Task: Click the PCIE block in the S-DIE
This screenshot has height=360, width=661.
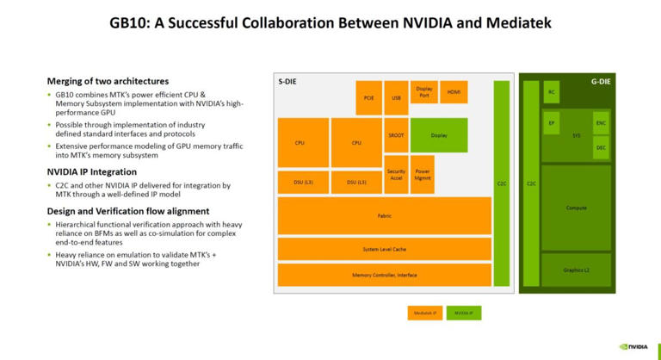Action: (368, 97)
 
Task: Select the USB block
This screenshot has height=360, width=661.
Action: (396, 97)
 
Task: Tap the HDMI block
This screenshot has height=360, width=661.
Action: (453, 91)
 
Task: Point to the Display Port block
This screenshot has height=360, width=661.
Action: (423, 91)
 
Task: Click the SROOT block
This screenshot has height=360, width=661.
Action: (396, 135)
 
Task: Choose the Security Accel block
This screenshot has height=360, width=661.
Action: (396, 174)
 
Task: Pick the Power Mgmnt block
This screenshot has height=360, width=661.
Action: (423, 174)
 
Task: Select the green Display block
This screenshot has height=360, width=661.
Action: (439, 135)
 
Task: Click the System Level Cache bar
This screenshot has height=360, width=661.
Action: (384, 249)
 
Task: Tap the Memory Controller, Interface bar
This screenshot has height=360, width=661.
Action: (384, 275)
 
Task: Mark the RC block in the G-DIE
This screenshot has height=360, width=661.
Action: (552, 92)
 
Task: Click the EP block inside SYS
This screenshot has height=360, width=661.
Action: (552, 123)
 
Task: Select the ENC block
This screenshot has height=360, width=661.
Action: (601, 123)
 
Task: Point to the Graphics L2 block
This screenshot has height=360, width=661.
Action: (576, 270)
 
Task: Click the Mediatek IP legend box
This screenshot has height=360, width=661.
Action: (424, 313)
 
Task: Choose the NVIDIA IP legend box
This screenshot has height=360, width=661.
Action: (464, 313)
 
